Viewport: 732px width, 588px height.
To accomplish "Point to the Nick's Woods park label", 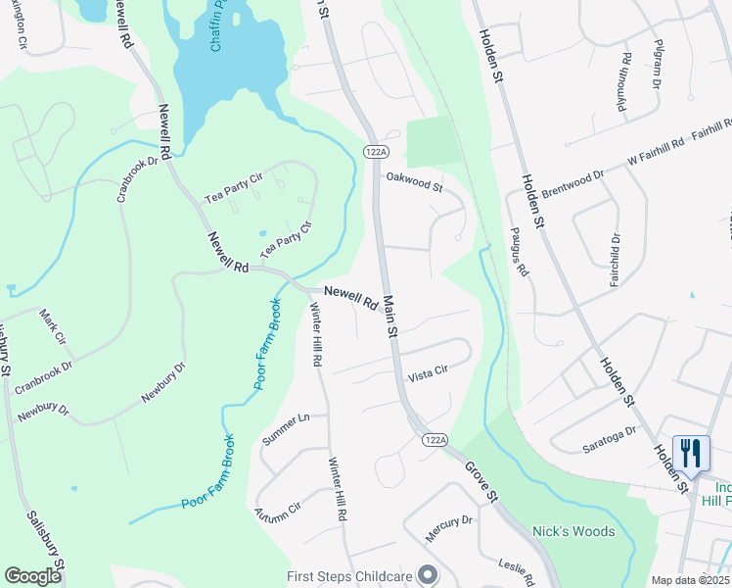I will (x=573, y=531).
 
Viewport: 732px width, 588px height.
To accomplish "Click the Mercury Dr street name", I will (x=449, y=528).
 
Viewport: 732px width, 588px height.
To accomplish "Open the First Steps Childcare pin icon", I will (x=426, y=575).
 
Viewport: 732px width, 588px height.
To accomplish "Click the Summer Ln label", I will (x=286, y=430).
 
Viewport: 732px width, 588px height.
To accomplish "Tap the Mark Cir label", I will (x=52, y=326).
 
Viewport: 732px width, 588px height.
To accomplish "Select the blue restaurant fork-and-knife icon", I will (x=692, y=452).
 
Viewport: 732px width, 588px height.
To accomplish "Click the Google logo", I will (x=32, y=576).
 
